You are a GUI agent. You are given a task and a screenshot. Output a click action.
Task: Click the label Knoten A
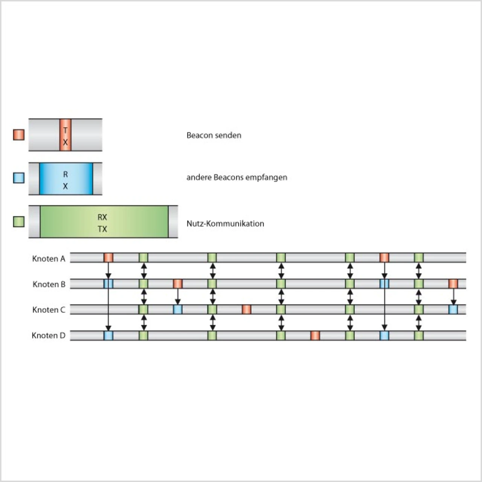pyautogui.click(x=49, y=259)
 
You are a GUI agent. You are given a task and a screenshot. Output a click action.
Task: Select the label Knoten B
pyautogui.click(x=49, y=284)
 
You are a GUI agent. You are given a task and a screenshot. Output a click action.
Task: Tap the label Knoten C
pyautogui.click(x=49, y=310)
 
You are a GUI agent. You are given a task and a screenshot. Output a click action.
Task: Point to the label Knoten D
pyautogui.click(x=49, y=336)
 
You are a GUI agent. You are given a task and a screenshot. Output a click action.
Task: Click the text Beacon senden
pyautogui.click(x=214, y=135)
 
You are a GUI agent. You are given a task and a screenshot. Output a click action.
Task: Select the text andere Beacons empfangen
pyautogui.click(x=237, y=177)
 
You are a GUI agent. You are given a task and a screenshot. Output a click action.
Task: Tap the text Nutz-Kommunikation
pyautogui.click(x=225, y=223)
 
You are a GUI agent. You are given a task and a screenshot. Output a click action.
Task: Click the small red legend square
pyautogui.click(x=19, y=135)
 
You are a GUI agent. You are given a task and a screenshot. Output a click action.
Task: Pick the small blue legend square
pyautogui.click(x=19, y=178)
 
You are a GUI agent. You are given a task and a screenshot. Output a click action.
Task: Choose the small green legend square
pyautogui.click(x=19, y=222)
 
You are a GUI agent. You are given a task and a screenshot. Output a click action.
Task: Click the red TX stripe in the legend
pyautogui.click(x=66, y=135)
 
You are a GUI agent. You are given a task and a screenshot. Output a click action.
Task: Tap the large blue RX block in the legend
pyautogui.click(x=66, y=178)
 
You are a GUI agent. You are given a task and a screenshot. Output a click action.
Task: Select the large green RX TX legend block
pyautogui.click(x=104, y=222)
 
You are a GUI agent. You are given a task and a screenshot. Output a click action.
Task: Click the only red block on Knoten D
pyautogui.click(x=315, y=336)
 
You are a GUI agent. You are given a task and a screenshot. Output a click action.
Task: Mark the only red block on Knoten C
pyautogui.click(x=246, y=310)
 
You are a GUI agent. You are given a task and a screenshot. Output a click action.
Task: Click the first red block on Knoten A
pyautogui.click(x=108, y=258)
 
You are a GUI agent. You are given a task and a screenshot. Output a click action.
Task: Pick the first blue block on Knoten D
pyautogui.click(x=108, y=336)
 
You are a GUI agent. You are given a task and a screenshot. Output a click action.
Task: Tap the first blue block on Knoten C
pyautogui.click(x=178, y=310)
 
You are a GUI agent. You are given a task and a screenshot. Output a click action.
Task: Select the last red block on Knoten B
pyautogui.click(x=453, y=284)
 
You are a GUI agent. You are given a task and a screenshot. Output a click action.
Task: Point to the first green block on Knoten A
pyautogui.click(x=143, y=258)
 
